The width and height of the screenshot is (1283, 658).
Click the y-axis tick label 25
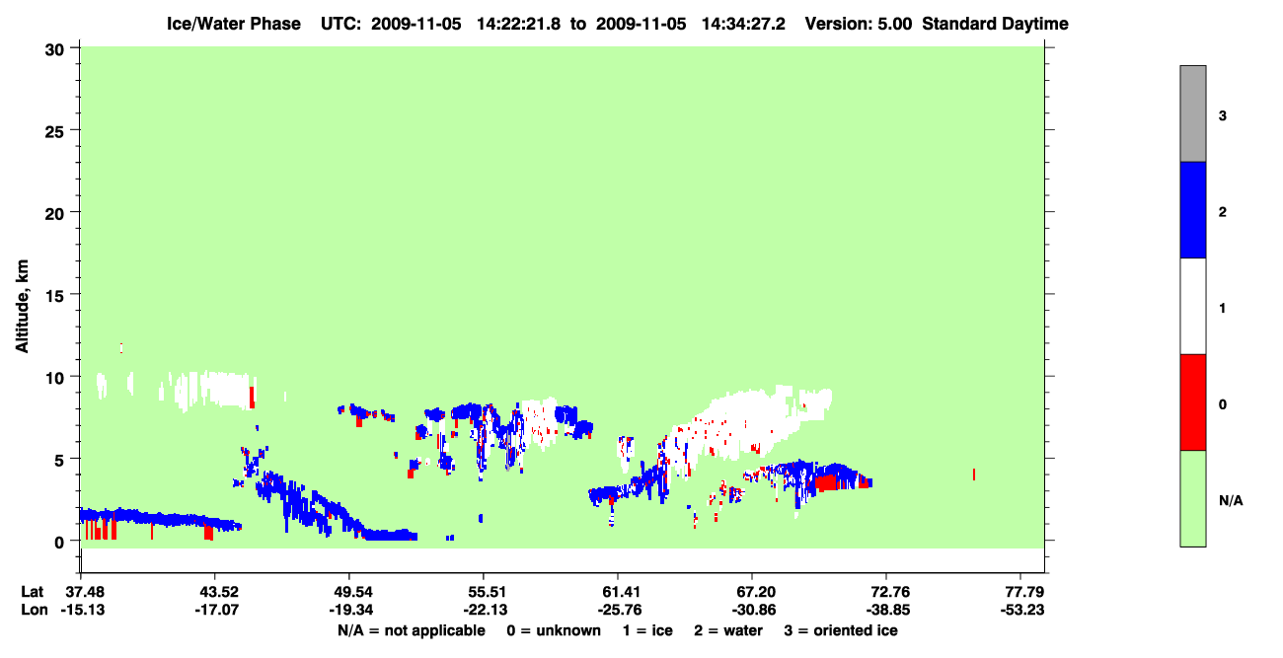click(54, 132)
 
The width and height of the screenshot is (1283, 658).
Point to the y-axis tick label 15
click(54, 296)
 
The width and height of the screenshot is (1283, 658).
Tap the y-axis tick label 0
click(59, 543)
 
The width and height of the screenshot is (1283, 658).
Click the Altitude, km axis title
click(22, 307)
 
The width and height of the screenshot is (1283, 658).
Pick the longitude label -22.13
click(485, 610)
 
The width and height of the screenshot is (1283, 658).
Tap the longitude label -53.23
click(1021, 610)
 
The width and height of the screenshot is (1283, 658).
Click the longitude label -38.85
click(888, 610)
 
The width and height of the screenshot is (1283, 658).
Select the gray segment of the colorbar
click(1192, 113)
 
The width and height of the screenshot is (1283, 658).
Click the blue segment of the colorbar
click(1192, 209)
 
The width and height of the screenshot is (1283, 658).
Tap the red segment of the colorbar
click(1192, 402)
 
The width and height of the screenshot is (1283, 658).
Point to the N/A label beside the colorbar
click(1231, 501)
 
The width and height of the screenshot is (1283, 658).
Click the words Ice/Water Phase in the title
click(234, 24)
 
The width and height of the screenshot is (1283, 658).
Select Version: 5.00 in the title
click(858, 24)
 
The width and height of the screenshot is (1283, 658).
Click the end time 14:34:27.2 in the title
click(743, 24)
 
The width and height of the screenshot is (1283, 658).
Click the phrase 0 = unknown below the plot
click(554, 630)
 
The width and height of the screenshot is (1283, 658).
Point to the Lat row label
click(32, 592)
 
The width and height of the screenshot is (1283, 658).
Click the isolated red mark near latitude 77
click(974, 475)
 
